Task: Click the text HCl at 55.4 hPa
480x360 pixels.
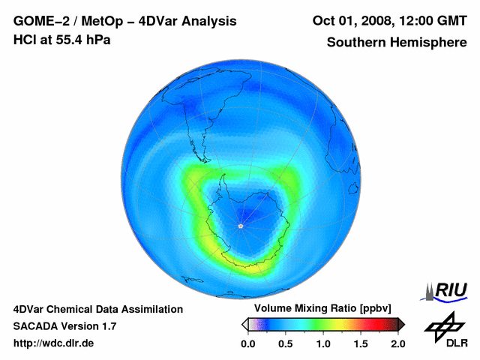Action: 61,40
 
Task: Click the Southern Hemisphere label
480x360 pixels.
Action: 396,43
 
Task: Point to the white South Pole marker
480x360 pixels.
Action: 240,226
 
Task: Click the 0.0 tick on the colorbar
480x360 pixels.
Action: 247,343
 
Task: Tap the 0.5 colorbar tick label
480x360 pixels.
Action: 285,343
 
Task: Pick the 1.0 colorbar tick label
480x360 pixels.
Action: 323,343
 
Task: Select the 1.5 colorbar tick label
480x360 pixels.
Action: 361,343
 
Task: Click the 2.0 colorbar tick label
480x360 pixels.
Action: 397,343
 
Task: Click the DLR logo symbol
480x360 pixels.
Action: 443,325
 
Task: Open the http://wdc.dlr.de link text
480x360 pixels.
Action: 54,343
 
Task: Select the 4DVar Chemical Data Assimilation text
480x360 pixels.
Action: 97,309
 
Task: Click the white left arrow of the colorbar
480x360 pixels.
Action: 244,324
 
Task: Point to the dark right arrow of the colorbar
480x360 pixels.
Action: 401,324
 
